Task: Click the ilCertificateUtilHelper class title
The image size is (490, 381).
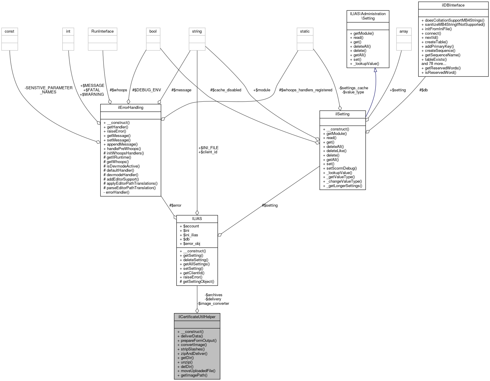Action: pos(197,317)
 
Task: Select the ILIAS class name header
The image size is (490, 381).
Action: pos(197,219)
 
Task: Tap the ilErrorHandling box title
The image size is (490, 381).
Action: pos(131,107)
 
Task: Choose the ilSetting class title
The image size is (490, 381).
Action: pos(342,114)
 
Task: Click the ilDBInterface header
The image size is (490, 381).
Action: pos(453,5)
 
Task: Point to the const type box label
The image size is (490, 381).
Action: pos(9,31)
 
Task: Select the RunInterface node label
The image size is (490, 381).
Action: pos(103,31)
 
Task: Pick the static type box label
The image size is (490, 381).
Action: pos(305,31)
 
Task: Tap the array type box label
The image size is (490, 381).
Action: pos(404,31)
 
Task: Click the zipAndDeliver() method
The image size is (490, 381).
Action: pos(194,353)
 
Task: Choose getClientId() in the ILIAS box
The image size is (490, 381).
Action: pos(193,273)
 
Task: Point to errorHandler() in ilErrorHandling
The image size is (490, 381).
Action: pos(117,192)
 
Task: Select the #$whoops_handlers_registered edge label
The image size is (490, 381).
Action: pos(306,90)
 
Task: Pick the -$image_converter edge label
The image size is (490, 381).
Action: pos(213,303)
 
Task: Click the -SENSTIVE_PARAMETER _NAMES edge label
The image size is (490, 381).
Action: pos(49,90)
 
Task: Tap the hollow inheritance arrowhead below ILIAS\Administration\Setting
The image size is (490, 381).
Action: pos(375,70)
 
